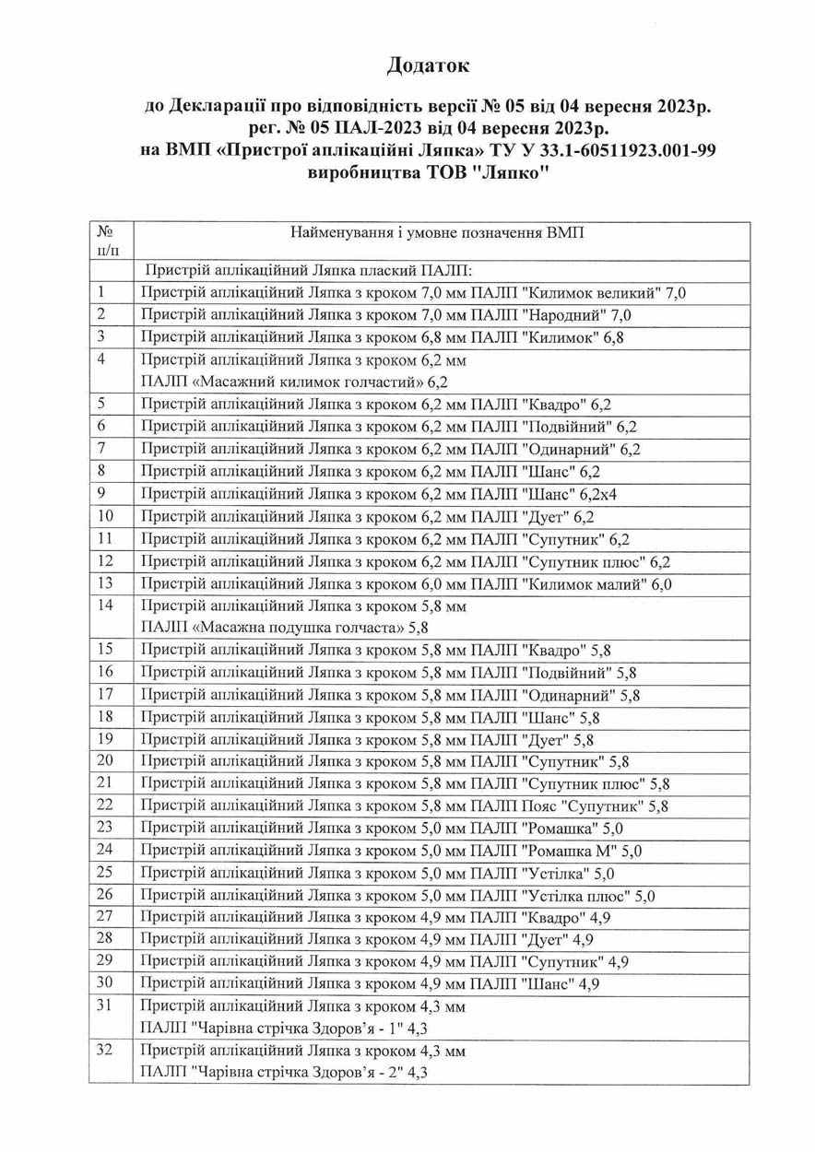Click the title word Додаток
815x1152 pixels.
point(428,65)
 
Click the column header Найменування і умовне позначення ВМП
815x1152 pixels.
point(438,232)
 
